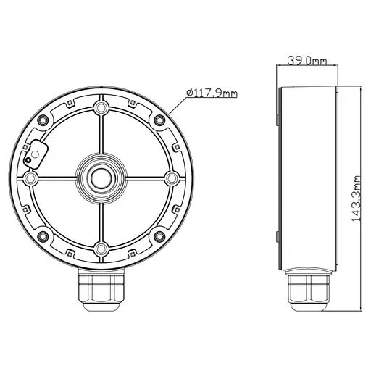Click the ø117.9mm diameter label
[x=212, y=93]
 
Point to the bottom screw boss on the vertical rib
[x=101, y=249]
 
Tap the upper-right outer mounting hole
[x=154, y=117]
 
